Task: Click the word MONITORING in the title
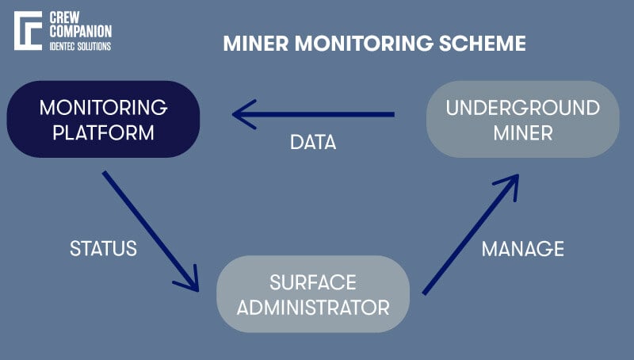(355, 43)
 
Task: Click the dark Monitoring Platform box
(103, 119)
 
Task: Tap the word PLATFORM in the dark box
(103, 132)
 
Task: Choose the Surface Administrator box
(312, 293)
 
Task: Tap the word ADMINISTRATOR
(312, 306)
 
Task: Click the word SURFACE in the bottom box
(312, 281)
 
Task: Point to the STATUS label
(103, 248)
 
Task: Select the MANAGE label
(522, 248)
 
